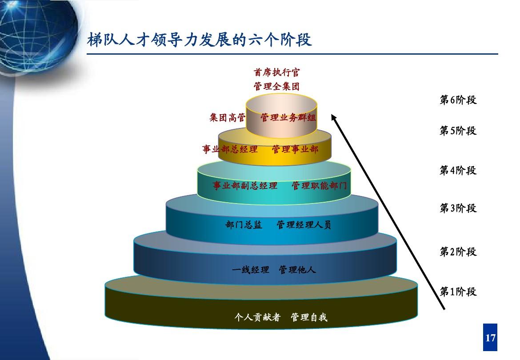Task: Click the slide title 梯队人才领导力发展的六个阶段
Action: [199, 40]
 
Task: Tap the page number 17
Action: [490, 338]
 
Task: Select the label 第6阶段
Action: [458, 100]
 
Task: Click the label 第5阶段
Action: [458, 131]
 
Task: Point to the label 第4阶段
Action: [458, 170]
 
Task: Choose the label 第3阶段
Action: [458, 208]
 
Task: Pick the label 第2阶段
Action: [458, 252]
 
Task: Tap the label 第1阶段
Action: [458, 292]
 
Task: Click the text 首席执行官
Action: [276, 72]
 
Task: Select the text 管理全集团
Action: [276, 87]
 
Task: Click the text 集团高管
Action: [228, 117]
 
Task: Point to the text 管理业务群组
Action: [288, 117]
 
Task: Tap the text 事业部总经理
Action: [230, 149]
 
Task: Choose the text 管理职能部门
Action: [319, 186]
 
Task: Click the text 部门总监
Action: [244, 225]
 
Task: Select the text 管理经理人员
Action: [304, 225]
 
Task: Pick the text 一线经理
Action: [250, 270]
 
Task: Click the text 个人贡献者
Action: [257, 317]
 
